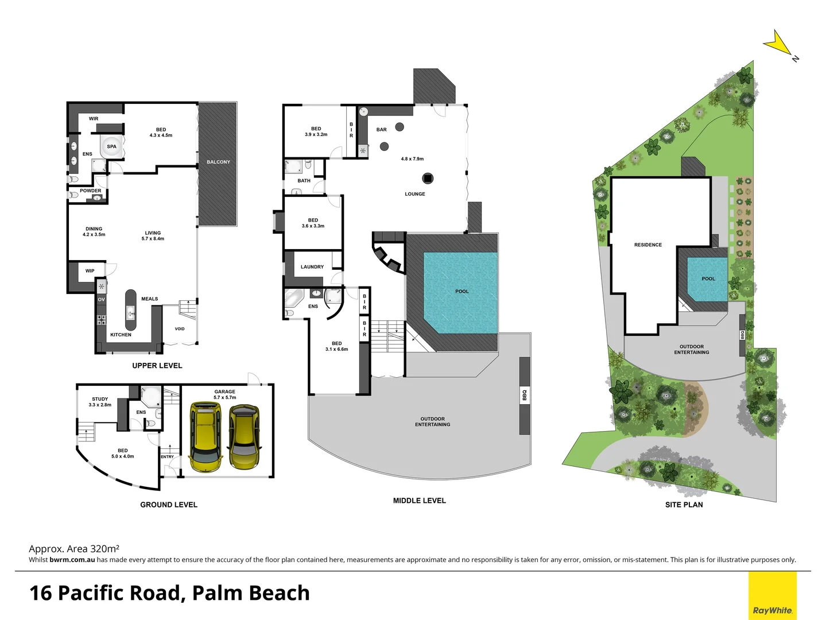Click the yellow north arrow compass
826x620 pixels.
click(x=778, y=44)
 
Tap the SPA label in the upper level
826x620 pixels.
click(x=111, y=146)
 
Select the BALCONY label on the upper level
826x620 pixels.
click(x=218, y=162)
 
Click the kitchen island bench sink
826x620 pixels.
click(x=131, y=313)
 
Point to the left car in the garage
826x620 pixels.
click(x=205, y=436)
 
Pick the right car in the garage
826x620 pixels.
click(x=245, y=436)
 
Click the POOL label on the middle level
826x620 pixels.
click(x=462, y=292)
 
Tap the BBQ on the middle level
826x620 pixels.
click(x=525, y=396)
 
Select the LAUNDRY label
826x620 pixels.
click(x=312, y=267)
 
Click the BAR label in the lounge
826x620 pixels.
click(x=381, y=130)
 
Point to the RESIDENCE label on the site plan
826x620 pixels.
click(x=647, y=245)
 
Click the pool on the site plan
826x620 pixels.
click(x=707, y=279)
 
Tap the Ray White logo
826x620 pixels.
click(x=772, y=610)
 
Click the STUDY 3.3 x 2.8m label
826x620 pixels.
click(x=100, y=402)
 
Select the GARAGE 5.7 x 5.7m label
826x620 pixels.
click(x=224, y=394)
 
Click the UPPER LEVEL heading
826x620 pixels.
click(x=157, y=366)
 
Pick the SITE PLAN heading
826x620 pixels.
click(x=684, y=505)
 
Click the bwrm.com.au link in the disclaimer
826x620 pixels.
click(x=72, y=560)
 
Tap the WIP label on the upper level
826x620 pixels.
click(x=90, y=271)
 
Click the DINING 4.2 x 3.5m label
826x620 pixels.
click(x=94, y=231)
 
